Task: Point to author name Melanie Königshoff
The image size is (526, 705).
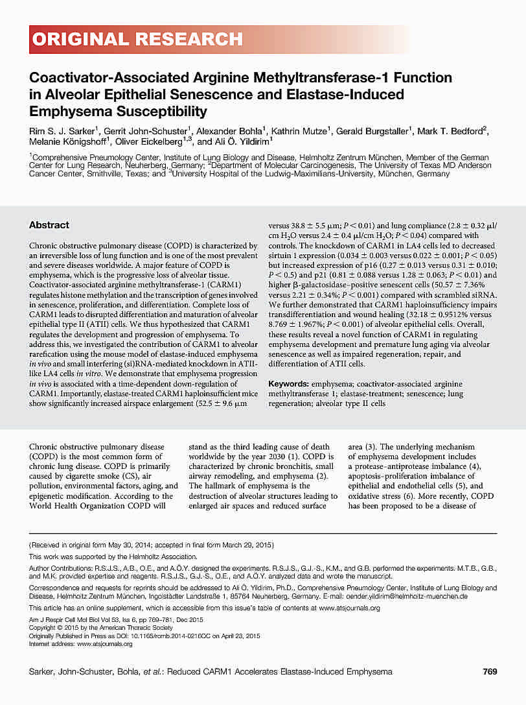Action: (x=68, y=141)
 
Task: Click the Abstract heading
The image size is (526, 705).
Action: (x=49, y=225)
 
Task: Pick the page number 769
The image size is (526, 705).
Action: (x=490, y=671)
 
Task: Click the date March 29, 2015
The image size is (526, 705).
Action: (x=248, y=545)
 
